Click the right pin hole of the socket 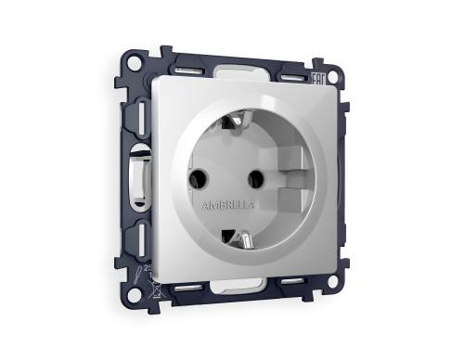pos(252,172)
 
